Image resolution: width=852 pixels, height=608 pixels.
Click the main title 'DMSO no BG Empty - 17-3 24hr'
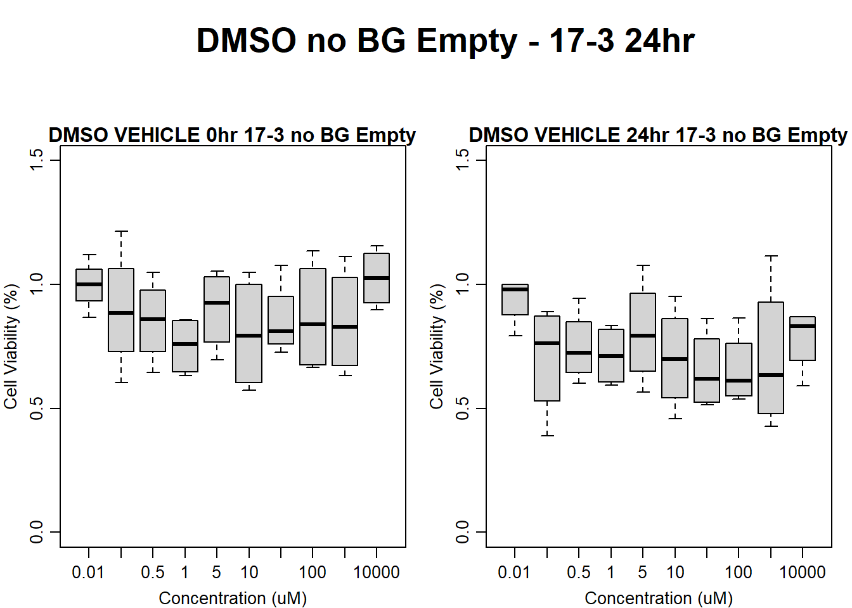[x=445, y=41]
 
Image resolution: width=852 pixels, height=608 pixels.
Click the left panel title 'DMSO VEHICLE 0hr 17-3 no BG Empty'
[x=232, y=135]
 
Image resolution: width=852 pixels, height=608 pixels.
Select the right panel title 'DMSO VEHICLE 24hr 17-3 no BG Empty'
[x=657, y=135]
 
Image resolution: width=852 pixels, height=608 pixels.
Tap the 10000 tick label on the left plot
[x=377, y=573]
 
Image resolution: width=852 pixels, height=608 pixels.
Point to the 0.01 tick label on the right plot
[x=514, y=573]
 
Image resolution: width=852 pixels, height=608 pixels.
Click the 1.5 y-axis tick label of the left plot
[x=37, y=160]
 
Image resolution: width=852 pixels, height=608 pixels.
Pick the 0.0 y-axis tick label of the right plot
[x=463, y=532]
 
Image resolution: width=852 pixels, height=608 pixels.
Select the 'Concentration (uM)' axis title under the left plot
[x=232, y=598]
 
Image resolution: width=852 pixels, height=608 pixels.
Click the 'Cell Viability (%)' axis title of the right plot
[x=437, y=346]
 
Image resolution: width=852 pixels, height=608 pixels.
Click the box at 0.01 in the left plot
[x=89, y=285]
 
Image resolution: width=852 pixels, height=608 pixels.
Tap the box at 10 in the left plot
[x=248, y=333]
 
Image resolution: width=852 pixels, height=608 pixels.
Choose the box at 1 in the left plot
[x=185, y=346]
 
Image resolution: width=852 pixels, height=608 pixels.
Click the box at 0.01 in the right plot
[x=515, y=300]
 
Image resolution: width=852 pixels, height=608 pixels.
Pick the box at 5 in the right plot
[x=643, y=332]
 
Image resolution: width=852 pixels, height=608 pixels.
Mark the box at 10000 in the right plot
[x=803, y=338]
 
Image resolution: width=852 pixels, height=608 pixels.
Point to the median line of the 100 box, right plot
[x=739, y=381]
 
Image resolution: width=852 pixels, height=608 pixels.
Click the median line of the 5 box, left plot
[x=217, y=303]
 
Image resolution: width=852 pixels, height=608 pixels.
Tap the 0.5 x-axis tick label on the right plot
[x=578, y=573]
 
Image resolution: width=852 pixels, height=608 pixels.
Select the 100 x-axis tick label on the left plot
[x=313, y=573]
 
